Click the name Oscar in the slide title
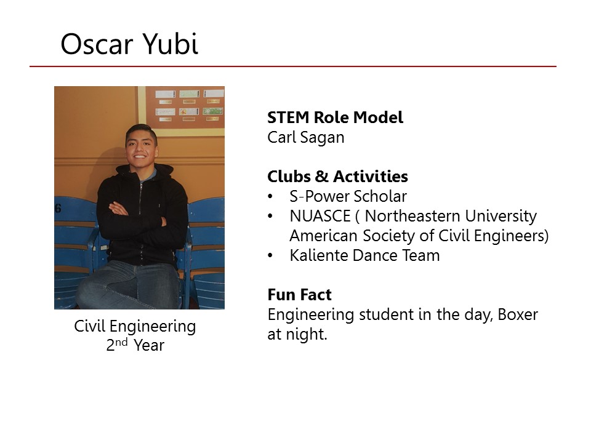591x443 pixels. tap(97, 44)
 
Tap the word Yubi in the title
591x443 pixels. tap(171, 43)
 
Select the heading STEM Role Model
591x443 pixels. tap(335, 117)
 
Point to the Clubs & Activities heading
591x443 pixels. tap(338, 177)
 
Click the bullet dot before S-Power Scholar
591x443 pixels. tap(270, 196)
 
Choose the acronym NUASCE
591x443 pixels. tap(320, 216)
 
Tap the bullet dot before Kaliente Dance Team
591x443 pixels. tap(270, 255)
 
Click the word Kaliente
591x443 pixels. tap(319, 255)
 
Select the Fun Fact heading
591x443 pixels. tap(299, 295)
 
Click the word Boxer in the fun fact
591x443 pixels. tap(518, 314)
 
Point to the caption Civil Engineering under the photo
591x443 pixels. tap(135, 327)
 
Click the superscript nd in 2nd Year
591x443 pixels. tap(121, 342)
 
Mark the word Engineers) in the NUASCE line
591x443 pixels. tap(511, 236)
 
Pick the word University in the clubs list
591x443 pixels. tap(501, 217)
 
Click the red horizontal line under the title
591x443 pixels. tap(293, 66)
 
